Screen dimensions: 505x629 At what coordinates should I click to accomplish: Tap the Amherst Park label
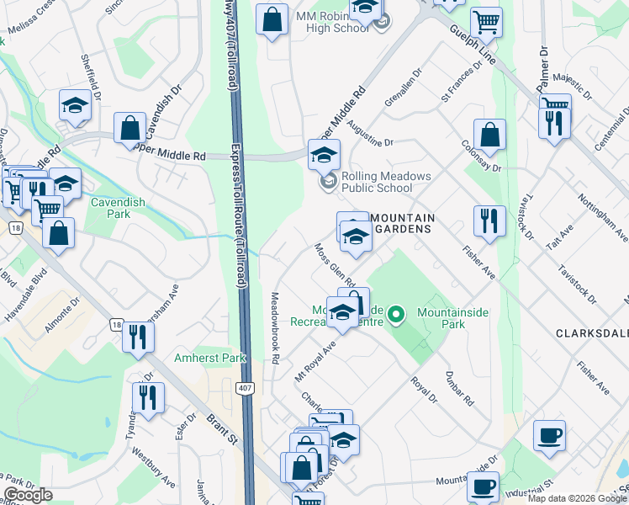click(209, 358)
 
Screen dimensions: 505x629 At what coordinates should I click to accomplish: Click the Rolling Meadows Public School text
click(386, 182)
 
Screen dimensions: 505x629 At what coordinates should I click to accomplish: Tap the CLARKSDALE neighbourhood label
click(592, 333)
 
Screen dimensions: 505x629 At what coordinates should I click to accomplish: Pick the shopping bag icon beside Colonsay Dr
click(489, 135)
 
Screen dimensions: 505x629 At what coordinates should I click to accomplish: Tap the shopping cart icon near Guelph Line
click(486, 22)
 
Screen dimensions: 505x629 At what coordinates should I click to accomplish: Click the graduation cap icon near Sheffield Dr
click(74, 105)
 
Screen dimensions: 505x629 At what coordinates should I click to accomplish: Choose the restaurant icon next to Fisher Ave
click(489, 221)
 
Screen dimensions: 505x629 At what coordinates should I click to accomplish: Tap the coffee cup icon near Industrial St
click(483, 486)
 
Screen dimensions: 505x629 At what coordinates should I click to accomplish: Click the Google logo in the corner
click(29, 495)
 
